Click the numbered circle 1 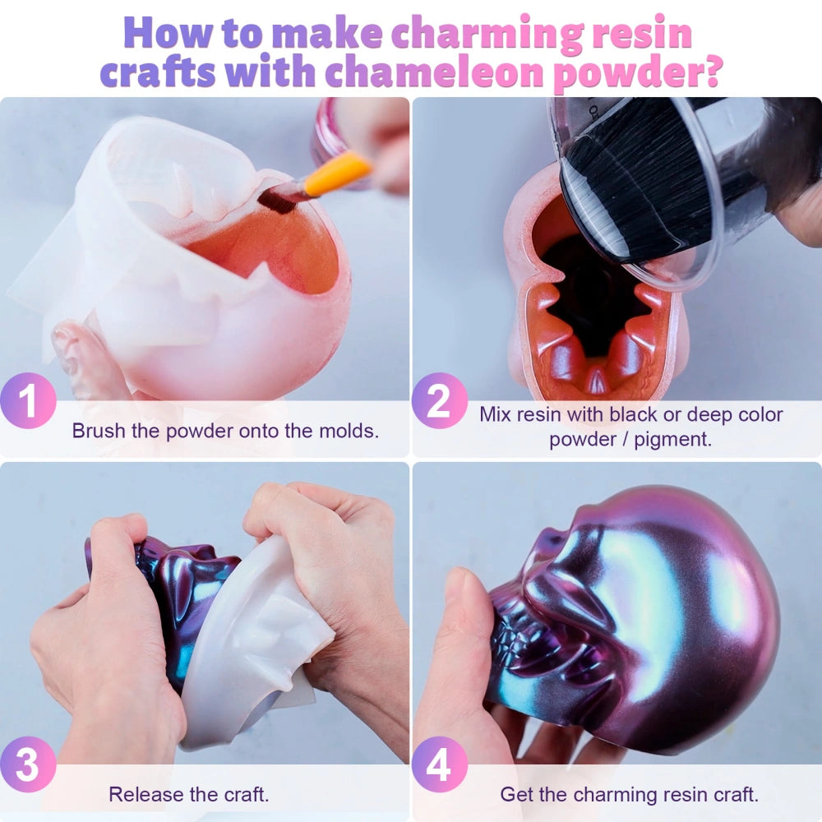(x=28, y=400)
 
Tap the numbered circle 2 (x=439, y=400)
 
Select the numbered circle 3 (x=28, y=764)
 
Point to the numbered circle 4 (x=439, y=764)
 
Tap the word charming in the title (x=487, y=34)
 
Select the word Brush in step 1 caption (x=99, y=431)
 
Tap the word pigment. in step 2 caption (x=672, y=439)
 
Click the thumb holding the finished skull (x=460, y=644)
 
